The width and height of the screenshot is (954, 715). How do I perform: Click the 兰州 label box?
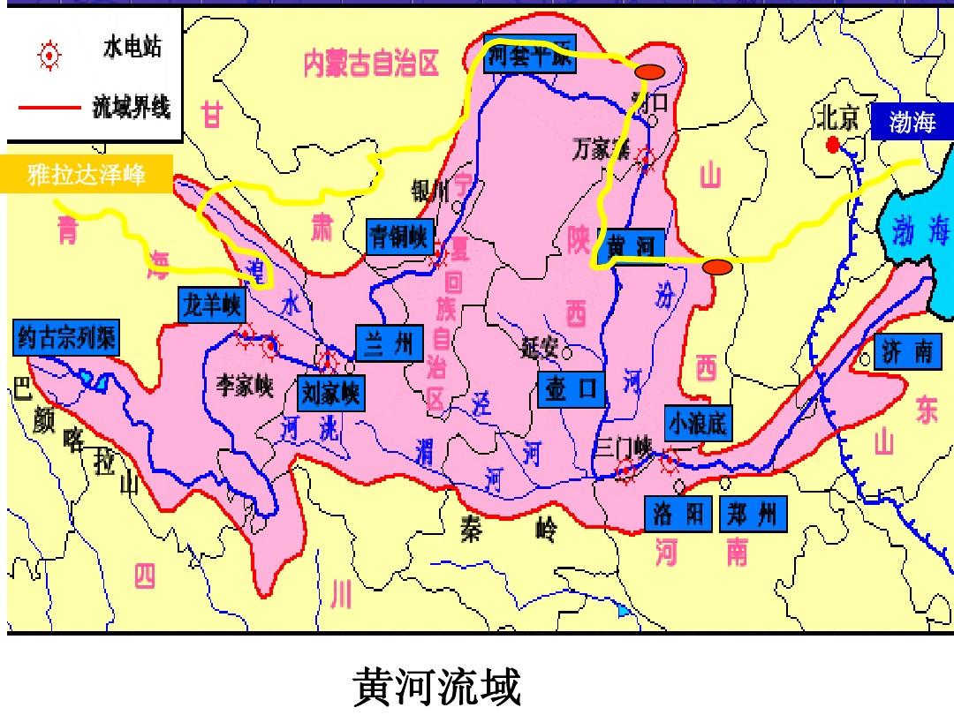[390, 342]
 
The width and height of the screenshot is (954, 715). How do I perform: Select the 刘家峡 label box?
[330, 393]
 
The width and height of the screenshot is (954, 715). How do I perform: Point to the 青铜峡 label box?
[398, 237]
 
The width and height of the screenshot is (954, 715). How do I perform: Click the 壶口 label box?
[571, 389]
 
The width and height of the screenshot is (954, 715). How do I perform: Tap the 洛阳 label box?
[679, 513]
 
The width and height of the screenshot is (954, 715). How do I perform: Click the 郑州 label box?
[753, 513]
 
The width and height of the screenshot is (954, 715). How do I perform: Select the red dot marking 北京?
[831, 144]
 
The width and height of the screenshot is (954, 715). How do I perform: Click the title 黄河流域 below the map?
[437, 687]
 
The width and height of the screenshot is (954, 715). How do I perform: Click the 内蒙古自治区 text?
[371, 64]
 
